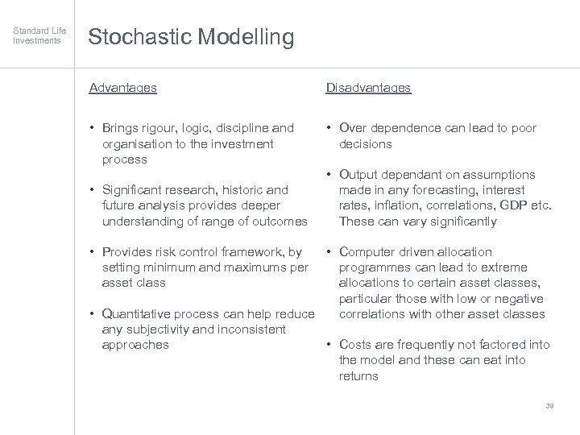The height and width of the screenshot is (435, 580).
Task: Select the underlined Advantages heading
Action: coord(122,88)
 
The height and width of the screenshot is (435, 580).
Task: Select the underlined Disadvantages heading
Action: coord(368,88)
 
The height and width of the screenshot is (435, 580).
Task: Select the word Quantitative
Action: coord(139,314)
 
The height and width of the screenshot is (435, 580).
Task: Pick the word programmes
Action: coord(375,267)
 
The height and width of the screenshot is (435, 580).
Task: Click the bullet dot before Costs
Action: coord(329,345)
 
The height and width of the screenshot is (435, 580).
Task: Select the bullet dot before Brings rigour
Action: coord(93,128)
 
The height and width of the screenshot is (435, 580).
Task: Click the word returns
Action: coord(358,375)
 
